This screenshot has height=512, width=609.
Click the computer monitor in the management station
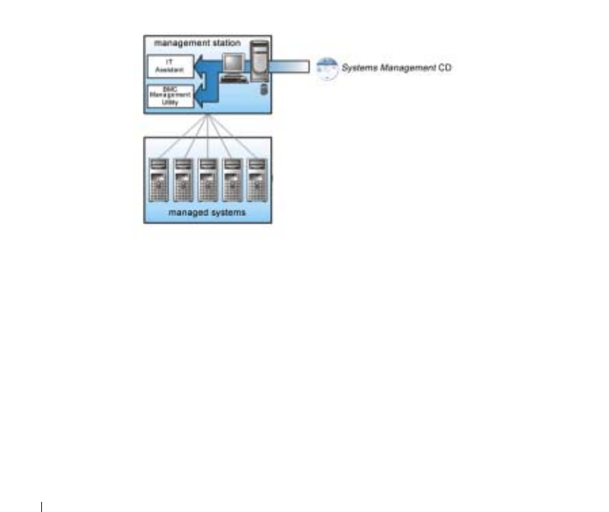(234, 64)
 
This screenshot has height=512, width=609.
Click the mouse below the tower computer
(259, 89)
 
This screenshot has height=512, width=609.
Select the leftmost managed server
(158, 179)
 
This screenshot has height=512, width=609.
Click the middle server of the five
(208, 179)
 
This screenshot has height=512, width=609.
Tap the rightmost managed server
(256, 179)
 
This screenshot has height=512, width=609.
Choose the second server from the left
(183, 179)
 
